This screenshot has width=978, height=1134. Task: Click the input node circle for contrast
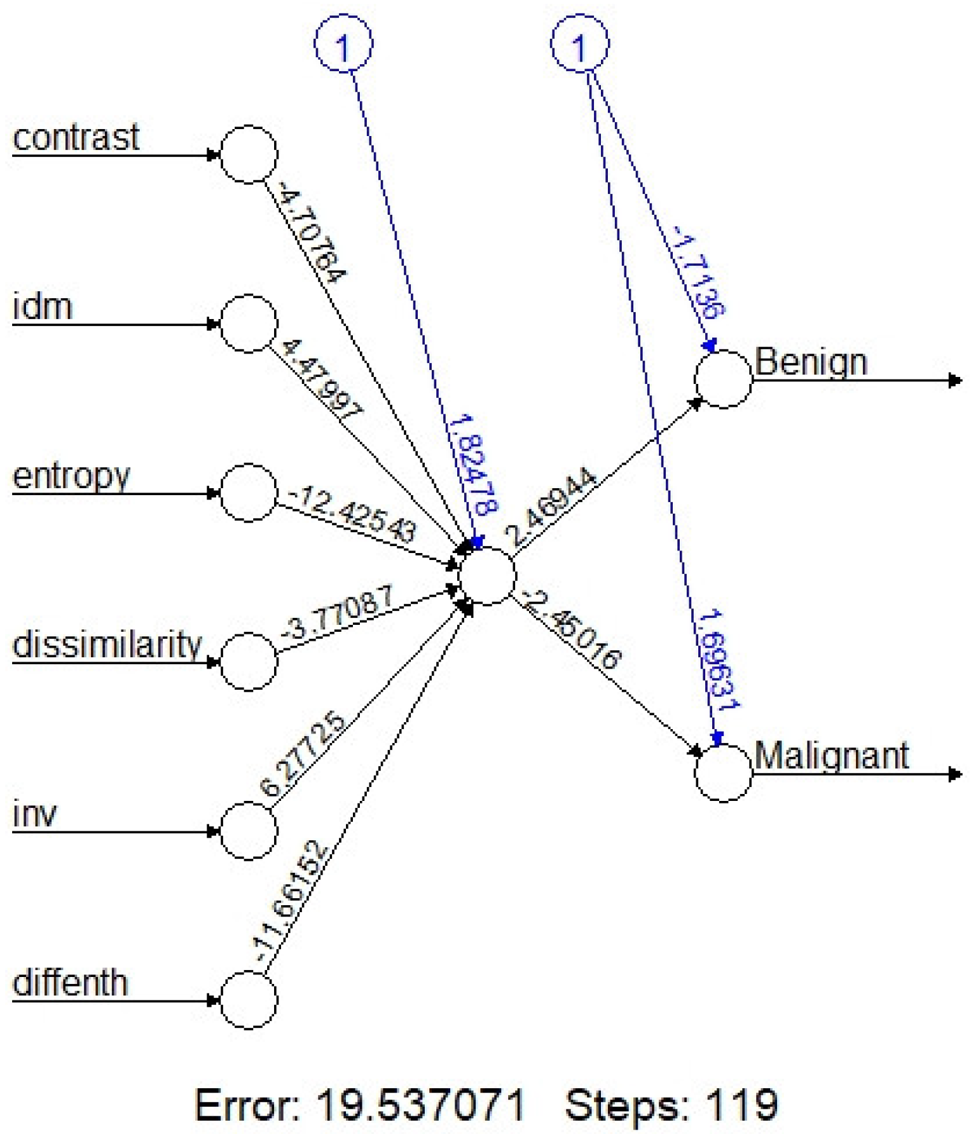[249, 154]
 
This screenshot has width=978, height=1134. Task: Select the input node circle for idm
[249, 324]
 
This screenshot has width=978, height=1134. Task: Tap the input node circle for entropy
[249, 493]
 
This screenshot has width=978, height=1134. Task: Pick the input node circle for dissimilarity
[249, 662]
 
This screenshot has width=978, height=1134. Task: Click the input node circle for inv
[249, 831]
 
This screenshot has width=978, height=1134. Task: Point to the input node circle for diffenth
[249, 1000]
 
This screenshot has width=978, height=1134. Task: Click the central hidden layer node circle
[487, 577]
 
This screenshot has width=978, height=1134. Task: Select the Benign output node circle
[723, 379]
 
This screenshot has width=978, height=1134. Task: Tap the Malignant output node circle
[723, 774]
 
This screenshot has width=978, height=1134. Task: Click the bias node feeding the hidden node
[343, 44]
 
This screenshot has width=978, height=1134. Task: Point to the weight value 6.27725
[303, 755]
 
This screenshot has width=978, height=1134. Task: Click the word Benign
[811, 364]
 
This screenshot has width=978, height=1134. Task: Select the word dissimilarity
[107, 645]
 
